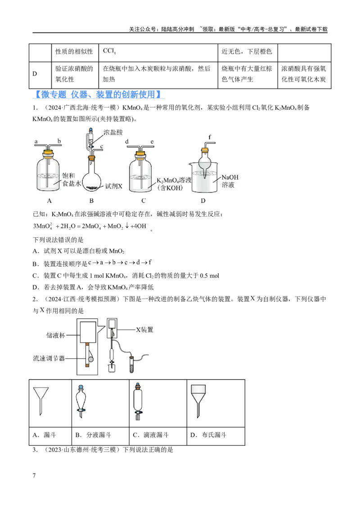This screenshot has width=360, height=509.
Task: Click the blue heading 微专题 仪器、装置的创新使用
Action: [99, 94]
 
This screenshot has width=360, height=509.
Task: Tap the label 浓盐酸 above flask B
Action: [113, 132]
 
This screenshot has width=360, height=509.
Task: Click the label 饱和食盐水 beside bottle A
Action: [71, 179]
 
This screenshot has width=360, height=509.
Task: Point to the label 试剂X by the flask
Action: [114, 186]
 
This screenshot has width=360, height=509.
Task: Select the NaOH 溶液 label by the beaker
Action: [229, 181]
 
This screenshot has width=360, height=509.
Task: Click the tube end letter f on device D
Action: [210, 137]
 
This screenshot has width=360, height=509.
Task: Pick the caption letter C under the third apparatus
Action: [143, 201]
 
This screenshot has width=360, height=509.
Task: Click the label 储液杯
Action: [55, 335]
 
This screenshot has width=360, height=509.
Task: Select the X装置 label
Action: [144, 330]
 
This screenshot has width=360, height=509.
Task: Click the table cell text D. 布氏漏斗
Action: [208, 435]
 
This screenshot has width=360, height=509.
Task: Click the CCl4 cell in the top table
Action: [109, 51]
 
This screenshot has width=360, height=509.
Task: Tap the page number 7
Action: [34, 476]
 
